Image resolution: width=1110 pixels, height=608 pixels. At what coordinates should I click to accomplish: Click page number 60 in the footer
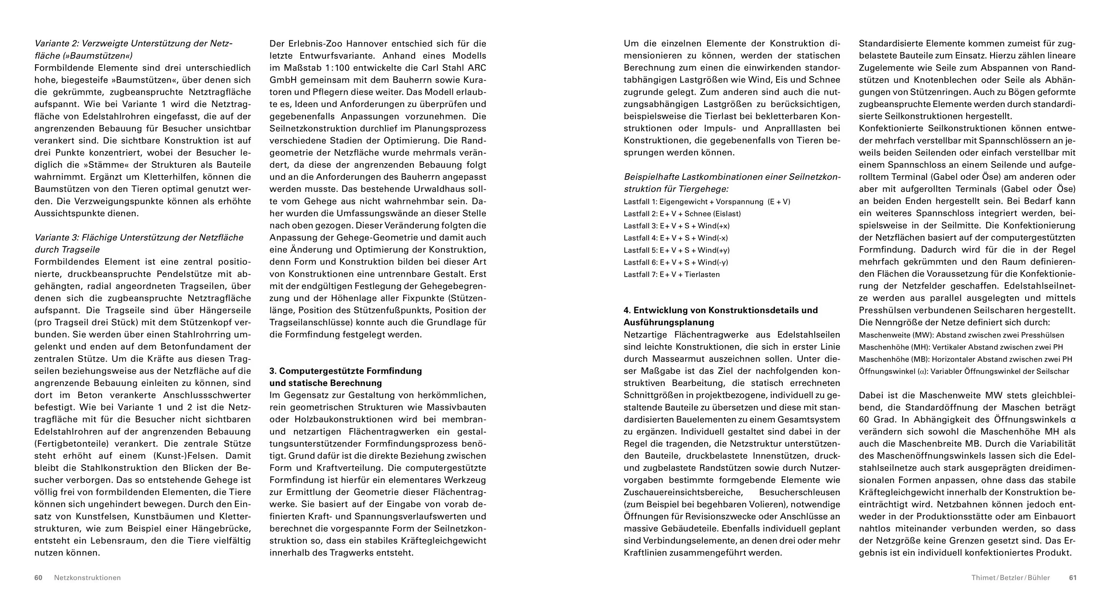pyautogui.click(x=38, y=578)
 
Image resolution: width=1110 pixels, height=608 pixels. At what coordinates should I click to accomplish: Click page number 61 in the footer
pyautogui.click(x=1073, y=578)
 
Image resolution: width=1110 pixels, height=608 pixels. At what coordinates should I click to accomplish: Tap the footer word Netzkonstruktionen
pyautogui.click(x=87, y=578)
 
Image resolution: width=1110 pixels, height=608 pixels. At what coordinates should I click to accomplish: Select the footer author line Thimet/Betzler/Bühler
pyautogui.click(x=1011, y=578)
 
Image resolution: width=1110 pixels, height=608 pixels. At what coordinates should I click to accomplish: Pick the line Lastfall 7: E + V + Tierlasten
pyautogui.click(x=671, y=274)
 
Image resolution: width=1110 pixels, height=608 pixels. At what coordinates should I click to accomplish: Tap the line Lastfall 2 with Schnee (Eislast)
pyautogui.click(x=682, y=214)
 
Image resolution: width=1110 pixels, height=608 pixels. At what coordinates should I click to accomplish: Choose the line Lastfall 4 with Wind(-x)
pyautogui.click(x=676, y=238)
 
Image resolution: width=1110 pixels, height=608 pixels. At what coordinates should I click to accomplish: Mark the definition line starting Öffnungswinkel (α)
pyautogui.click(x=963, y=371)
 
